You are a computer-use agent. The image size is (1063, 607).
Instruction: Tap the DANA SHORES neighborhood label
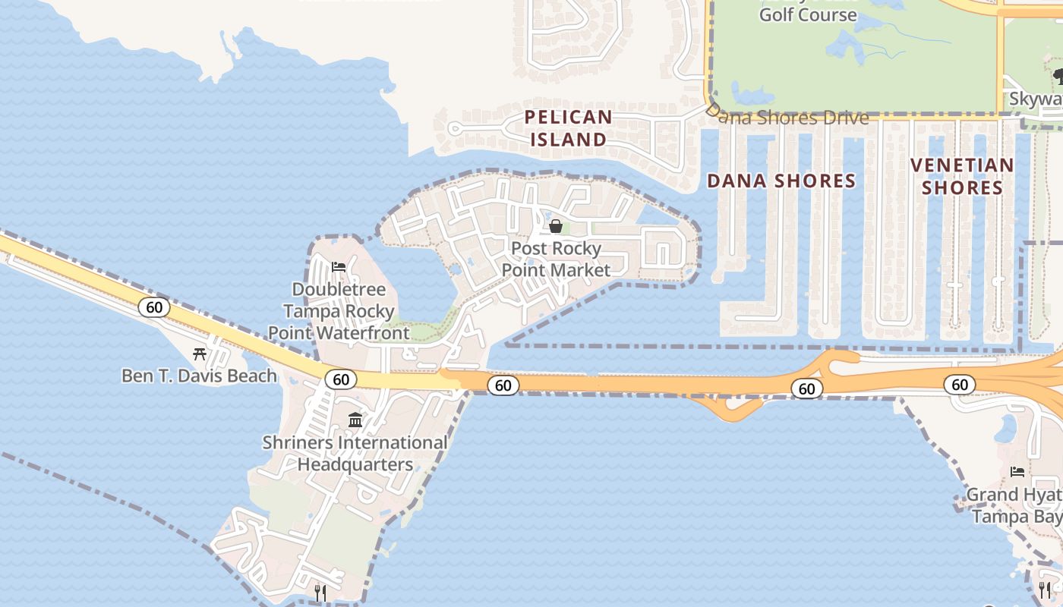pos(781,181)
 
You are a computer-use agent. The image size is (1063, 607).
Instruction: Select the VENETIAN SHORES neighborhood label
pos(962,176)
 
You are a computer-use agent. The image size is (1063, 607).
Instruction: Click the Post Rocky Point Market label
pos(556,259)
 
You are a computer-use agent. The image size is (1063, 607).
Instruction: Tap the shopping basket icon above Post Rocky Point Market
pos(556,226)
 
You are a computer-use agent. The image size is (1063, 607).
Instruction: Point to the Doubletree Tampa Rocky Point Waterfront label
pos(339,311)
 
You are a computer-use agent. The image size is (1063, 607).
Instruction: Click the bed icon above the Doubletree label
pos(339,267)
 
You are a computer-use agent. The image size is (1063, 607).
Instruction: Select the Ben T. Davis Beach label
pos(199,376)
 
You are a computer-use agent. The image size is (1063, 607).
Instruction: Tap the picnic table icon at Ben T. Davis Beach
pos(200,354)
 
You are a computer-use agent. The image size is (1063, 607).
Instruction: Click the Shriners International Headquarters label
pos(355,453)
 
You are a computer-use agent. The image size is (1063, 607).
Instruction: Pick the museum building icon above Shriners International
pos(355,420)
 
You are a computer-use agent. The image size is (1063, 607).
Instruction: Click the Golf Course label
pos(808,14)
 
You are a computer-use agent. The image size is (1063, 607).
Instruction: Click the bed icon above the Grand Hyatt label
pos(1017,472)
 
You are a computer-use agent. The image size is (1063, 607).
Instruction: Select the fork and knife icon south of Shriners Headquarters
pos(320,592)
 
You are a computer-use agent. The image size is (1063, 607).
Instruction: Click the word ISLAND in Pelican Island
pos(569,140)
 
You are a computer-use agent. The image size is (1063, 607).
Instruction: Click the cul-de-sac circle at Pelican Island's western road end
pos(455,128)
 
